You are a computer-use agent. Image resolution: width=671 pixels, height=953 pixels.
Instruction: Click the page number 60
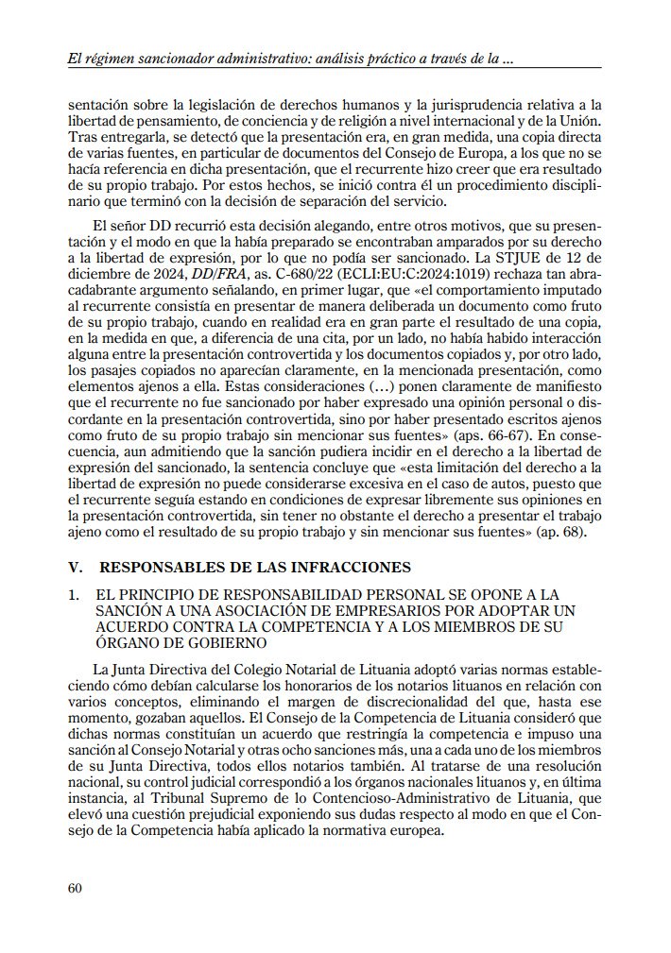tap(76, 887)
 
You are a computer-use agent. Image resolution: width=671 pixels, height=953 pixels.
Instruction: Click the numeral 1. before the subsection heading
tap(75, 594)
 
